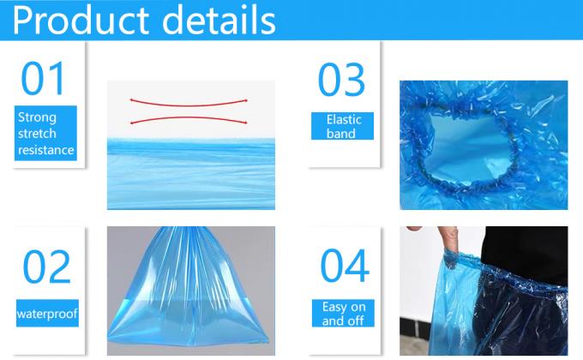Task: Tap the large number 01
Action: pos(44,79)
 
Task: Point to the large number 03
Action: pos(341,80)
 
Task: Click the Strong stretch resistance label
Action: pos(46,134)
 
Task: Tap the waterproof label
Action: pos(46,314)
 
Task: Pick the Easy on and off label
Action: pos(344,314)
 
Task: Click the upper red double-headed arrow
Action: pos(189,101)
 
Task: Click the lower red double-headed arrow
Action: pos(189,121)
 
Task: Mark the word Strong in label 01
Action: pos(37,117)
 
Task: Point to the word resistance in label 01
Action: pos(46,150)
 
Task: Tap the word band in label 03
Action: pos(341,134)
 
